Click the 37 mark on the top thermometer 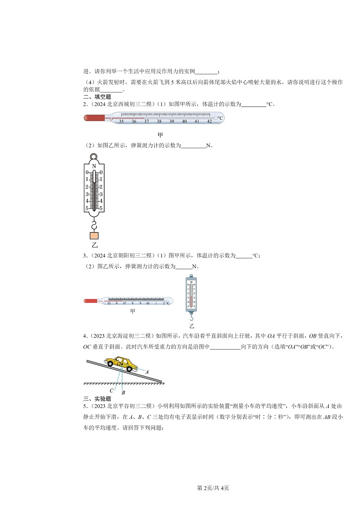[146, 121]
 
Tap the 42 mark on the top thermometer [209, 121]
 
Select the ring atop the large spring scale [94, 157]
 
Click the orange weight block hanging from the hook [94, 236]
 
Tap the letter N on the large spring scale [94, 166]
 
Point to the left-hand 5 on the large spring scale [87, 208]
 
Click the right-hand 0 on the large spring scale [101, 172]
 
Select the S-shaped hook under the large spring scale [94, 225]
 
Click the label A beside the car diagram [147, 372]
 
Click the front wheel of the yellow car [129, 368]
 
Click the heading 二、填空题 [94, 97]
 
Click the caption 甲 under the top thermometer [160, 135]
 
